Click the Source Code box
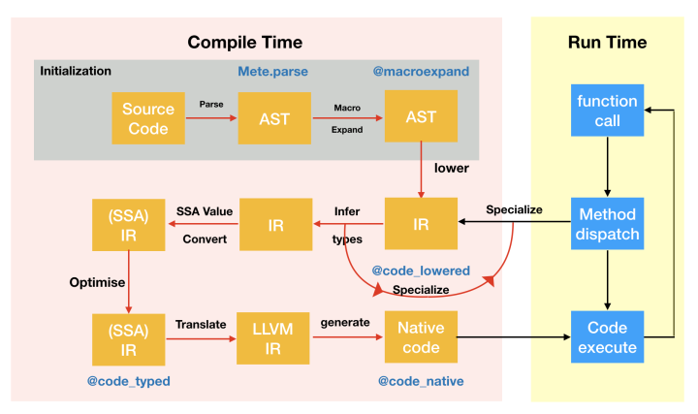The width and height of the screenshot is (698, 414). (x=148, y=118)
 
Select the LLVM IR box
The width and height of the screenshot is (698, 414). (x=272, y=338)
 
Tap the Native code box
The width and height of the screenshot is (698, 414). (x=421, y=337)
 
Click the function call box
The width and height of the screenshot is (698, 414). (x=607, y=110)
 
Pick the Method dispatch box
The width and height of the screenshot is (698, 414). (x=607, y=223)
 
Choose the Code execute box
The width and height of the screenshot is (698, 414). (x=607, y=337)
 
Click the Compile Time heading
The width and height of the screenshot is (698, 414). (x=245, y=43)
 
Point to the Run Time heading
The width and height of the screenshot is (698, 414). (x=607, y=43)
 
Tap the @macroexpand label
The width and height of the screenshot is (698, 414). (x=421, y=71)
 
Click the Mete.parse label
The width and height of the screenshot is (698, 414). (x=272, y=71)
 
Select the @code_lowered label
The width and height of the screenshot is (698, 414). (x=421, y=271)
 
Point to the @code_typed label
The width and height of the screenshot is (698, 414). (x=129, y=381)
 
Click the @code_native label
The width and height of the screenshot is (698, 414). (x=421, y=381)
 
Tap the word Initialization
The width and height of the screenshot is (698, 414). (x=76, y=71)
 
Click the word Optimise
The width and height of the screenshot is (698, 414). (x=97, y=282)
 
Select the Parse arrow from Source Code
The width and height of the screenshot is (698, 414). (x=211, y=118)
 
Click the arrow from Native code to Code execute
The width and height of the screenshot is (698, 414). (x=514, y=337)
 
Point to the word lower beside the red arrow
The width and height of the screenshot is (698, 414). (x=452, y=168)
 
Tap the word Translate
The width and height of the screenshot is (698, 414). (x=201, y=324)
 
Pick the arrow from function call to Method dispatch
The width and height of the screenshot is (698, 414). (x=607, y=167)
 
